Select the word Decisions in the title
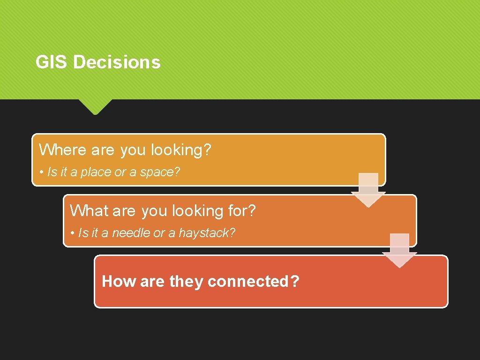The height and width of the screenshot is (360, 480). point(117,62)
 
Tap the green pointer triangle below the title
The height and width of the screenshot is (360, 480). point(95,106)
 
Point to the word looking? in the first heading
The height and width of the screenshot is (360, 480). point(181,150)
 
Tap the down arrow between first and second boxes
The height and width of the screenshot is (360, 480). point(368,190)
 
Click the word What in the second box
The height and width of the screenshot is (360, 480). point(89,211)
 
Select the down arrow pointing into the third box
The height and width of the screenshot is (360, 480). point(399,250)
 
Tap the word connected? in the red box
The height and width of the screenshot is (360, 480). point(253,281)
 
